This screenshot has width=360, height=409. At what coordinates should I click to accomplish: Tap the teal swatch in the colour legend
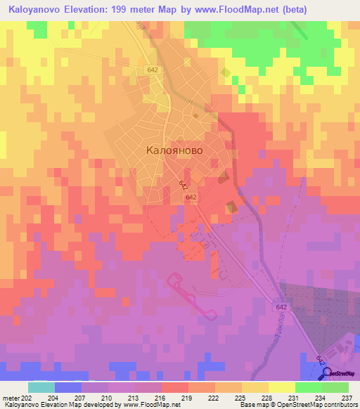coord(41,387)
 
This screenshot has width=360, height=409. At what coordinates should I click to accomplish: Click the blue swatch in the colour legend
coord(67,387)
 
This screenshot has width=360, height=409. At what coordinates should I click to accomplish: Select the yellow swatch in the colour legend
coord(281,387)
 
